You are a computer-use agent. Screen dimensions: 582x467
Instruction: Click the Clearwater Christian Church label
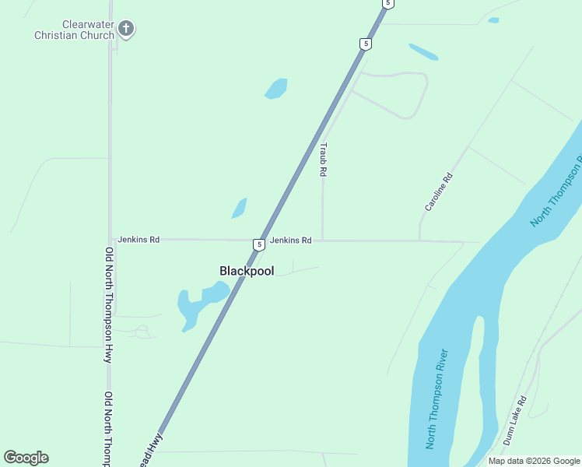click(74, 30)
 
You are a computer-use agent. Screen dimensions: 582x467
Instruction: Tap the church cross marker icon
click(126, 30)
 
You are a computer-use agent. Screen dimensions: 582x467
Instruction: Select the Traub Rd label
click(323, 159)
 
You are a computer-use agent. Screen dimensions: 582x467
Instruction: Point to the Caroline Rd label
click(438, 192)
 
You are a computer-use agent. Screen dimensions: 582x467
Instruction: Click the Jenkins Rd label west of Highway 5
click(138, 240)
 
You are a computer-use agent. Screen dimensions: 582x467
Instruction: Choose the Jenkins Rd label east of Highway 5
click(291, 241)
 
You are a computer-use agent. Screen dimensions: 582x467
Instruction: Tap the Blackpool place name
click(247, 271)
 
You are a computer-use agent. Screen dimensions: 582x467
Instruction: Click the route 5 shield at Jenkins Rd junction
click(258, 244)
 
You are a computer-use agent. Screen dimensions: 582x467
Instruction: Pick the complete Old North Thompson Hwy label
click(108, 304)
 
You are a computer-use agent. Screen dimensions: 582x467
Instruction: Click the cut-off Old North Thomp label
click(108, 428)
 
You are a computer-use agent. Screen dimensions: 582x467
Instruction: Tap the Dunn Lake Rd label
click(514, 420)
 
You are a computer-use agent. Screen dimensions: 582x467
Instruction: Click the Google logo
click(26, 458)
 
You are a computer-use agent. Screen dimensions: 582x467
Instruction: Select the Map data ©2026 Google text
click(534, 461)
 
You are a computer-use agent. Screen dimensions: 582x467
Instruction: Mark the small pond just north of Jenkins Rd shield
click(239, 209)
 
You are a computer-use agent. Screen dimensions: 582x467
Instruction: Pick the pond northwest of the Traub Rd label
click(276, 88)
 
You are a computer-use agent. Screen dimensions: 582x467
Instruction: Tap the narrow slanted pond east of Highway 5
click(423, 52)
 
